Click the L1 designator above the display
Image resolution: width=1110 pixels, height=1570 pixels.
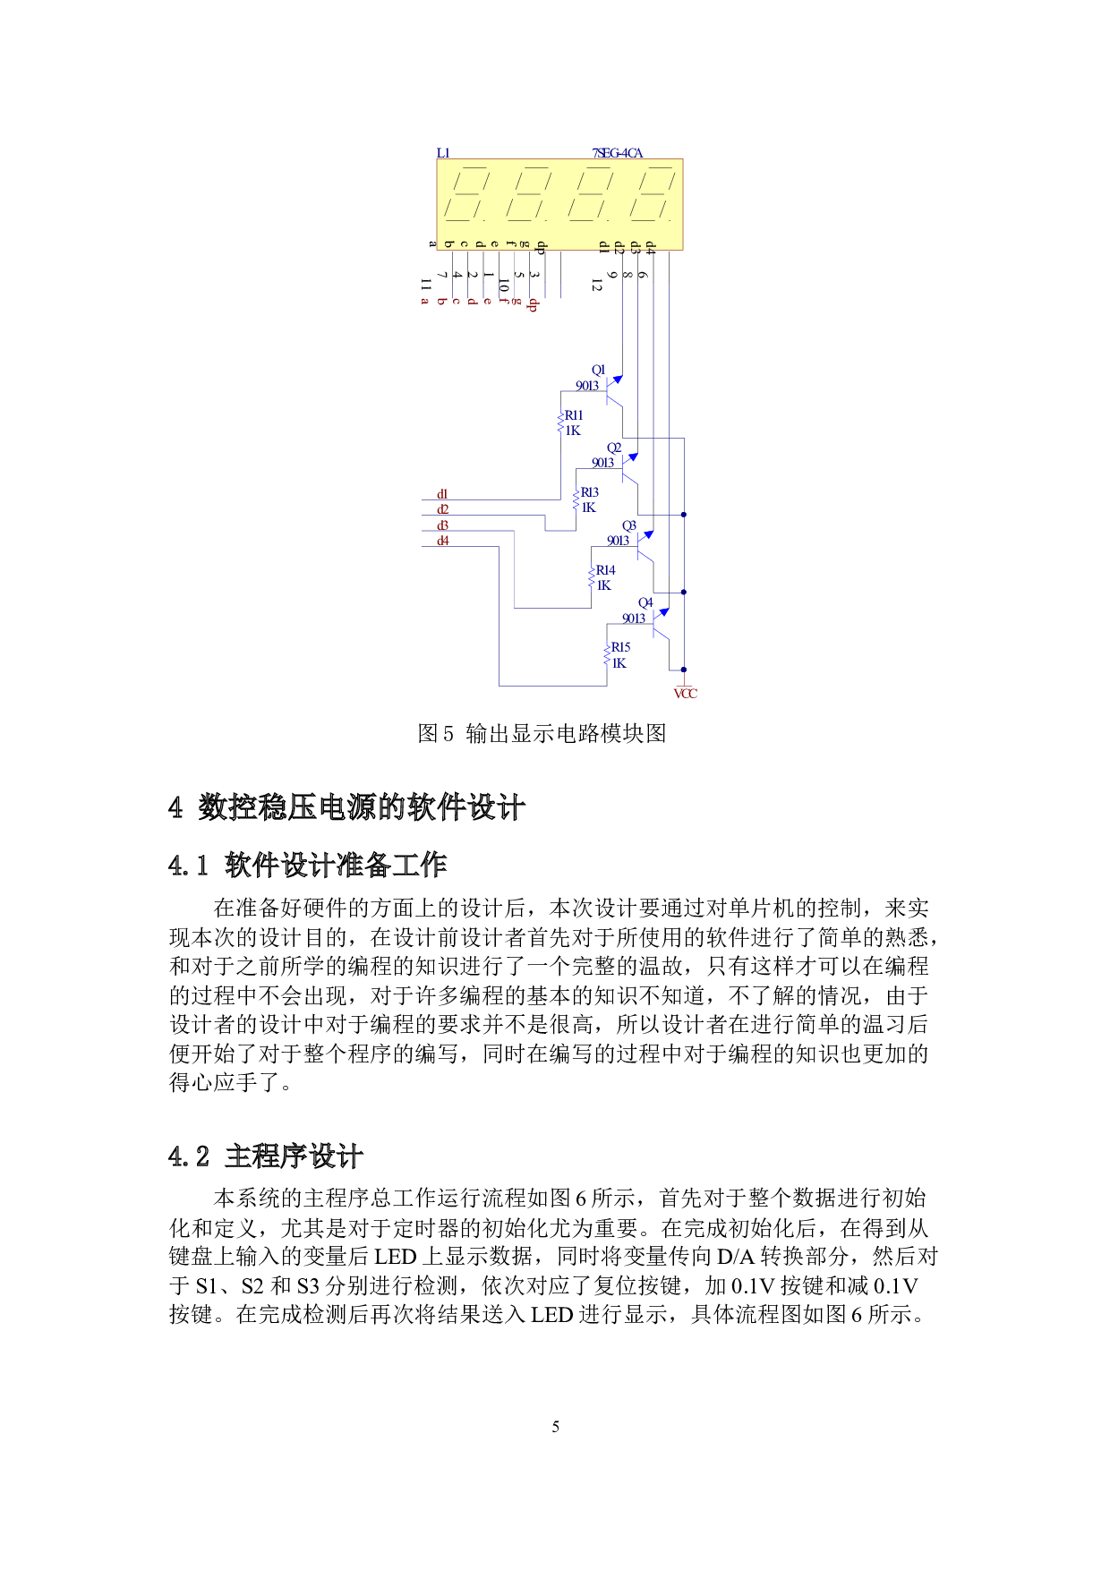[x=444, y=154]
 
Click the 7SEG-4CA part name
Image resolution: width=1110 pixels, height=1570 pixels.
[x=618, y=154]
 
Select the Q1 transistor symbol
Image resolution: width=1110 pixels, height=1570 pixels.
[x=614, y=390]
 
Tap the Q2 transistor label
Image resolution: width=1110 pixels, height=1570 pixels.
[x=614, y=448]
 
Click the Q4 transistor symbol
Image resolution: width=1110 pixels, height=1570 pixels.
[x=661, y=623]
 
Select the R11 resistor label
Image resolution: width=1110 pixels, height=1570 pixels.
[x=574, y=415]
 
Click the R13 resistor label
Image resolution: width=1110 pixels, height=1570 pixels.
[x=590, y=492]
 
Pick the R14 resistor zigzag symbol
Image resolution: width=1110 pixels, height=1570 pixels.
[x=592, y=577]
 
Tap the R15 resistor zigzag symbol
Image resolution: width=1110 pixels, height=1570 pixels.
[x=607, y=655]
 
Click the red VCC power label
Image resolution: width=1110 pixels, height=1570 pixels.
[x=686, y=694]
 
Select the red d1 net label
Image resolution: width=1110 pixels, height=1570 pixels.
[x=442, y=494]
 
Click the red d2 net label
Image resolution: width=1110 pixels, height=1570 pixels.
[x=442, y=509]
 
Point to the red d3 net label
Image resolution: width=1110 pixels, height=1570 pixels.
[x=442, y=525]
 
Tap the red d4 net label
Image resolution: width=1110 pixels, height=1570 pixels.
[x=442, y=541]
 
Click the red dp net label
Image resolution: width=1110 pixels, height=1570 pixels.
[x=533, y=304]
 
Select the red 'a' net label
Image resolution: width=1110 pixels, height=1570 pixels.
[x=425, y=302]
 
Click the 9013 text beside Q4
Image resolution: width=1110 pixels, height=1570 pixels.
[x=634, y=619]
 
